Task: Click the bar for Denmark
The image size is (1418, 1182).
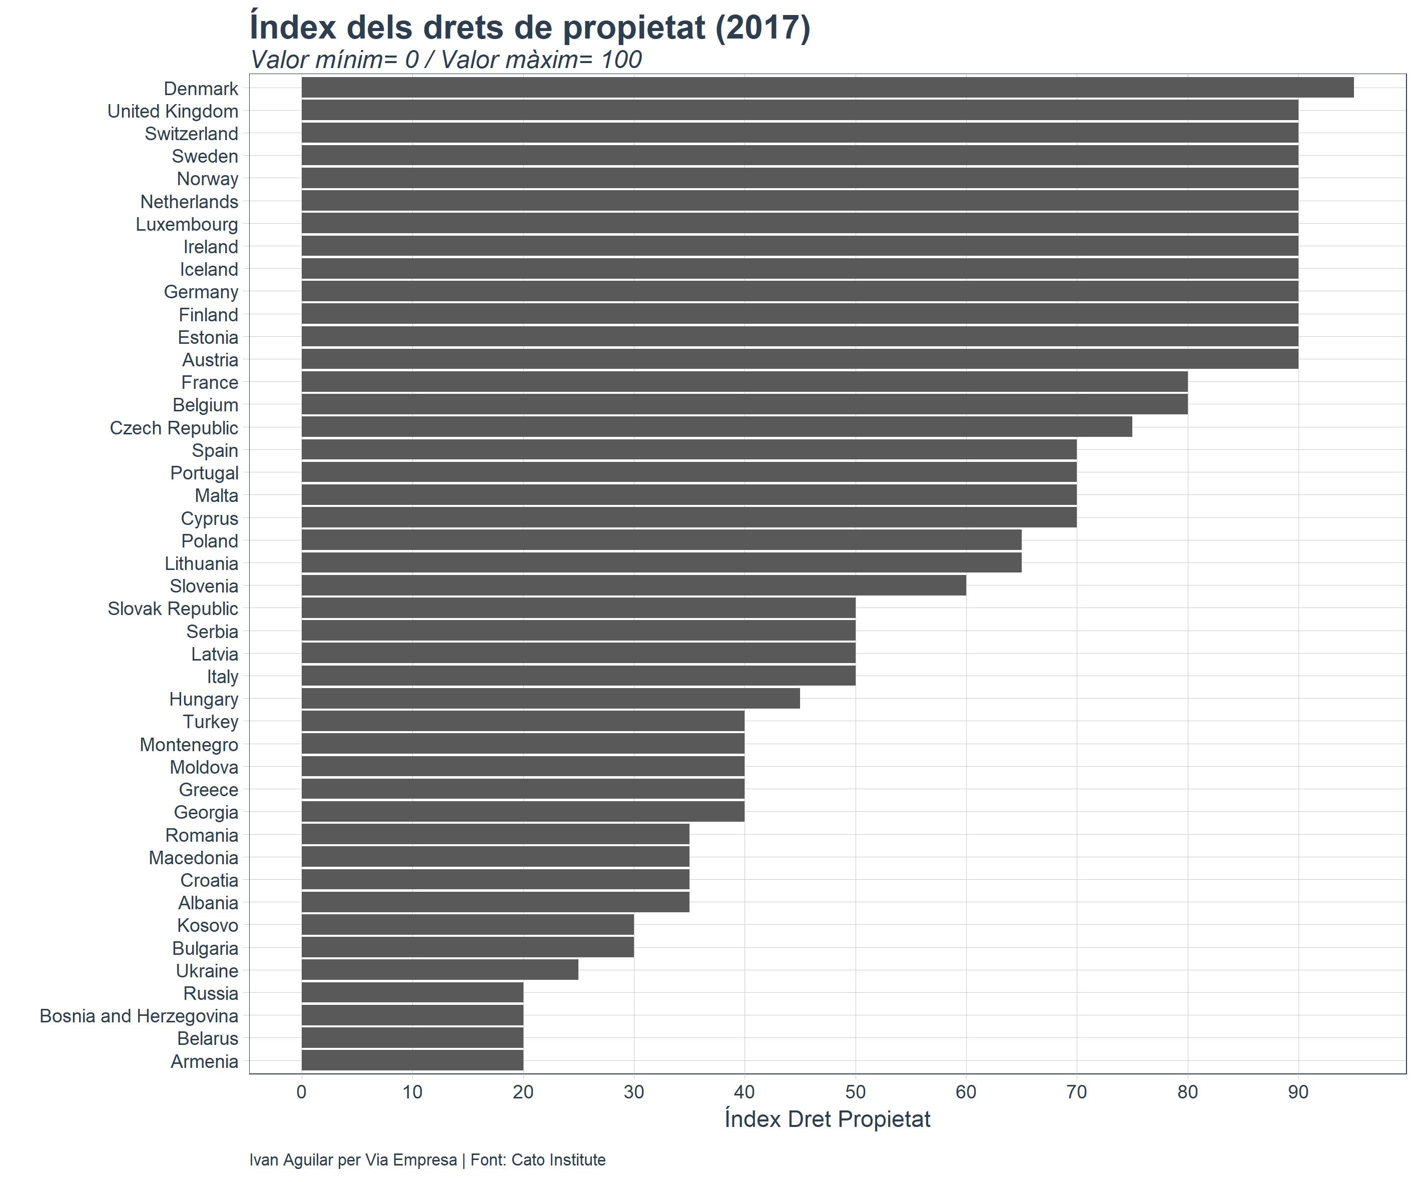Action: [827, 88]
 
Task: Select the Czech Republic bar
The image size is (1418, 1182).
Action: [717, 427]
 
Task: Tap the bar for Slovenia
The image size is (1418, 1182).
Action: [633, 585]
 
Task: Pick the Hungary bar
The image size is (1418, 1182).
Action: [550, 699]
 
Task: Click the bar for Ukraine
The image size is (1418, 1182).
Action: [440, 970]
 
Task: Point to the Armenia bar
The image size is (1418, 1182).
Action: [412, 1060]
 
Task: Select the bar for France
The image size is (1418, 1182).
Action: [744, 382]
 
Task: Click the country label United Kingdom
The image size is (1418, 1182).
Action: [173, 112]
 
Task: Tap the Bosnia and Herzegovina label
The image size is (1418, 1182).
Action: [139, 1016]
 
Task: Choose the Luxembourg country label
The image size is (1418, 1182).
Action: [187, 224]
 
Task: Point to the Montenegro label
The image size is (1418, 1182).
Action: [189, 744]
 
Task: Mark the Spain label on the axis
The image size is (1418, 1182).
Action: [215, 450]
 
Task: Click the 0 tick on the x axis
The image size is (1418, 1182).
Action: [302, 1092]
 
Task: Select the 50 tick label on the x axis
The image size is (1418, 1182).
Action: [855, 1092]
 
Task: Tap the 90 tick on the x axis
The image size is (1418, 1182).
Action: [1298, 1092]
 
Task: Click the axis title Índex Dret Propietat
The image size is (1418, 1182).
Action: [827, 1119]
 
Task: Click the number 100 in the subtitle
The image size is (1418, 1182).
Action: [621, 60]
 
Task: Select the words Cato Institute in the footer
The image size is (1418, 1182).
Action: [558, 1159]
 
